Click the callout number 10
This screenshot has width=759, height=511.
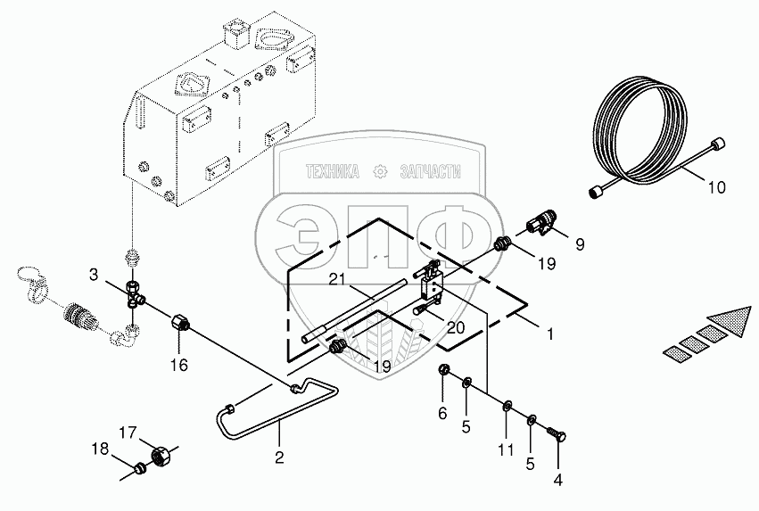pos(717,188)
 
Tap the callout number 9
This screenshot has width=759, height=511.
pos(579,243)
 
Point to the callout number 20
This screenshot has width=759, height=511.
pos(455,327)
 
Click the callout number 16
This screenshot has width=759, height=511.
pos(178,364)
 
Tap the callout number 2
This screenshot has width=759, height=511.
pos(279,457)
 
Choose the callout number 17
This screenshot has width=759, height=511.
pos(128,433)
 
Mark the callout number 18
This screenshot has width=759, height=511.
pos(103,450)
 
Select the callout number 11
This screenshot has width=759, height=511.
pos(506,450)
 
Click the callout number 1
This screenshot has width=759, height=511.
pos(551,335)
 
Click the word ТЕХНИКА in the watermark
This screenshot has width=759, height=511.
pos(332,171)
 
